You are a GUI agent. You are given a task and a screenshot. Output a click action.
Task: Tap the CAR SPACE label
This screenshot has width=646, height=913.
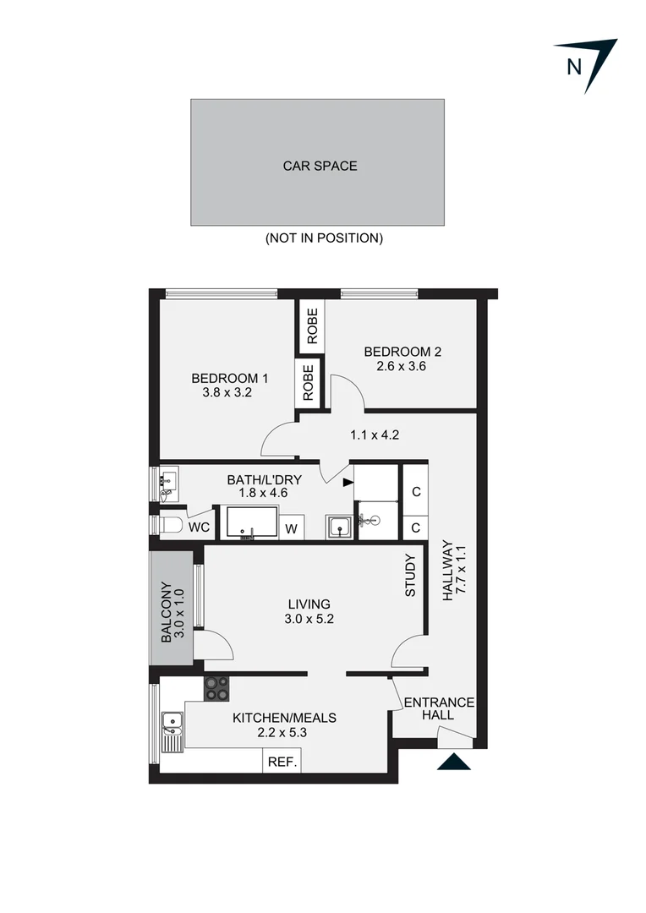point(320,166)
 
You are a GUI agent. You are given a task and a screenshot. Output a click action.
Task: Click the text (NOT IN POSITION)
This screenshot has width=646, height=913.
point(324,238)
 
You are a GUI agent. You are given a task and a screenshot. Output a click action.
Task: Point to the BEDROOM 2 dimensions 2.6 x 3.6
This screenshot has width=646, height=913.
point(402,367)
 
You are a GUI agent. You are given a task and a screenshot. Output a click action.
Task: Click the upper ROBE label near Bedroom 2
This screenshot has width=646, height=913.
point(312,327)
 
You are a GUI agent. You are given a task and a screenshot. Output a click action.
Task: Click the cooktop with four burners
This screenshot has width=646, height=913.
point(216,688)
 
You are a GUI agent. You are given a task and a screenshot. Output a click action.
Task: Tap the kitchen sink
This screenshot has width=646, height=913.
point(172,724)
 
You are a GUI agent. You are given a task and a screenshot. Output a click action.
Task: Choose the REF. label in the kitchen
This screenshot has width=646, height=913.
point(282,762)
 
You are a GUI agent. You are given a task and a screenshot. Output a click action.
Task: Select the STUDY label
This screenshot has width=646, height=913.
point(411,575)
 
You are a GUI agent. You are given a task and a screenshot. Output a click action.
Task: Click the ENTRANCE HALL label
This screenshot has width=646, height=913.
point(439,708)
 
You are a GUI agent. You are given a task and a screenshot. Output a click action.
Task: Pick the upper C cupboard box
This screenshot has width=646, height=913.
point(416,492)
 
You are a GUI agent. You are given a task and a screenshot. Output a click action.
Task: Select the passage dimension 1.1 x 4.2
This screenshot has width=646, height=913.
point(374,436)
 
